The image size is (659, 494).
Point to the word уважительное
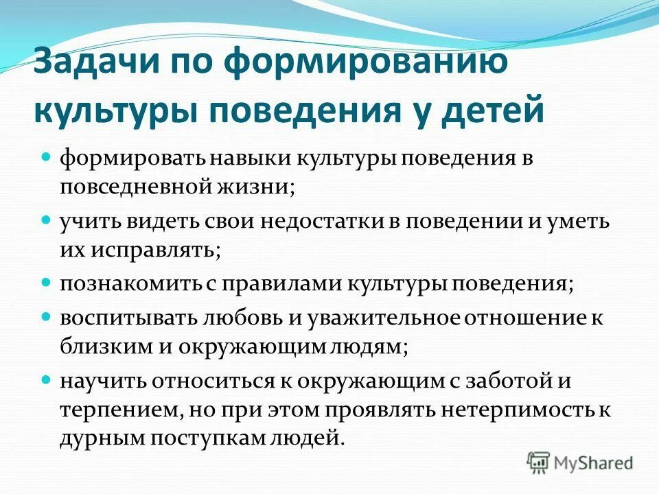point(387,318)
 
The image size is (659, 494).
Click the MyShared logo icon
point(538,462)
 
